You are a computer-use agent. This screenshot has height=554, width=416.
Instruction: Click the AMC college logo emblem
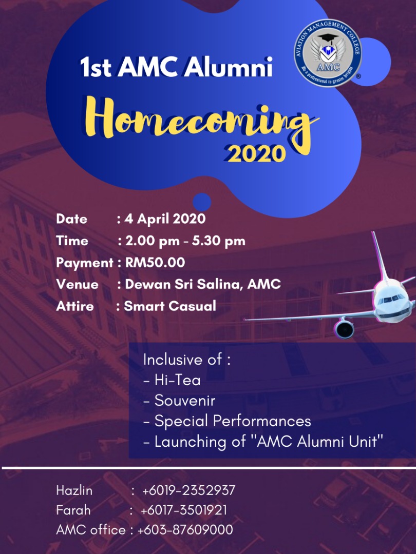(x=328, y=53)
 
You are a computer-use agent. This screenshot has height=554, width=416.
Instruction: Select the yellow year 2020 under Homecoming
(x=256, y=153)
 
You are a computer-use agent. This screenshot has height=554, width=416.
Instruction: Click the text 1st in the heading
(x=96, y=67)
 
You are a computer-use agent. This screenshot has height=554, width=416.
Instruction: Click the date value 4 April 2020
(x=165, y=219)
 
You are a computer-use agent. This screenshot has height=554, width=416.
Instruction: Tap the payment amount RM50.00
(x=155, y=263)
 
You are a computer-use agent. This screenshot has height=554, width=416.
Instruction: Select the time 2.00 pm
(x=153, y=241)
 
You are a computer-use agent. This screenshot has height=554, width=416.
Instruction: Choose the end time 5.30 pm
(x=219, y=241)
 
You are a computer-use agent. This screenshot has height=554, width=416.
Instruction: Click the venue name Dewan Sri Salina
(x=183, y=284)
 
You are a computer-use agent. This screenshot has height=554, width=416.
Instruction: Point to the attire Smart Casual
(x=170, y=306)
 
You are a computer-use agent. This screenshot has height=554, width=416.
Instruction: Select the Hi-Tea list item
(x=172, y=381)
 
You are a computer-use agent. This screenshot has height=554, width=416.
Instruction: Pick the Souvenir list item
(x=179, y=401)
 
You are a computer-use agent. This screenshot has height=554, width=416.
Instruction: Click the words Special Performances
(x=233, y=421)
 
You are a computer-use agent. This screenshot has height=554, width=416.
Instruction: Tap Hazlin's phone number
(x=188, y=490)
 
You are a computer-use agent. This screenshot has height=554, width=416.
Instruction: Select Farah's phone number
(x=183, y=510)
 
